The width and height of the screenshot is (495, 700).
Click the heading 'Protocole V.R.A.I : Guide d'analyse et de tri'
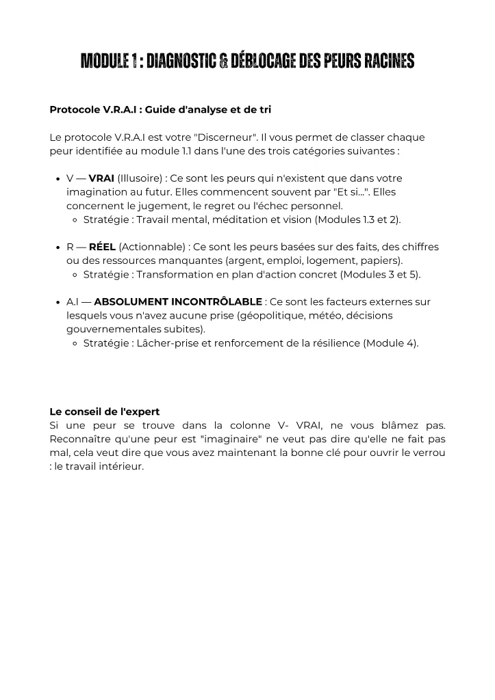click(x=161, y=109)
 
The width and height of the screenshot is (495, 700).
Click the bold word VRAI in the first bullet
click(x=101, y=178)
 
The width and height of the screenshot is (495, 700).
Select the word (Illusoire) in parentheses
click(x=139, y=178)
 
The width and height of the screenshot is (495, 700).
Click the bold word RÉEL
click(x=102, y=247)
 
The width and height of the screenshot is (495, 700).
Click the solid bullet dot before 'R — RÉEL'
click(x=56, y=247)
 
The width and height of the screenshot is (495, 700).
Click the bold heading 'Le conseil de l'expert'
click(x=105, y=412)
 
